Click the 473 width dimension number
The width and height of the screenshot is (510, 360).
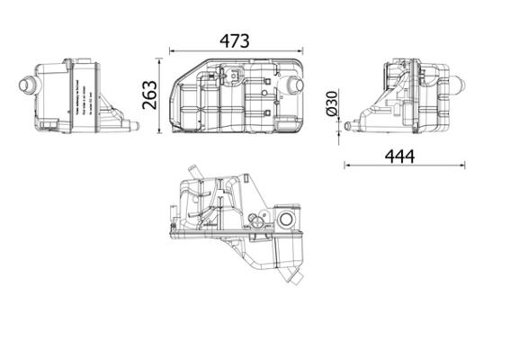235,41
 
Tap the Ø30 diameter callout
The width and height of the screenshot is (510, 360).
332,105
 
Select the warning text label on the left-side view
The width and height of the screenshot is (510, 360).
82,99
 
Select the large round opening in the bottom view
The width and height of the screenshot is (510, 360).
287,220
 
